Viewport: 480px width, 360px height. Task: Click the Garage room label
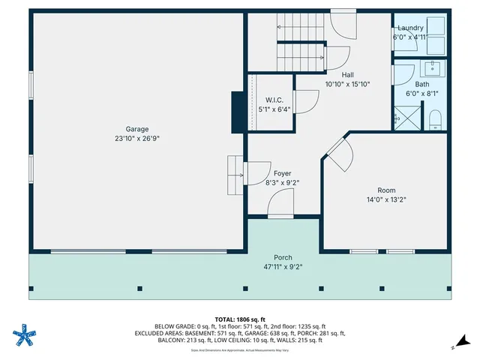[x=136, y=128]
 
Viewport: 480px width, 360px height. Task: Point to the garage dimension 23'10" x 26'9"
[x=136, y=138]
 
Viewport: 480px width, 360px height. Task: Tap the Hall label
[x=347, y=75]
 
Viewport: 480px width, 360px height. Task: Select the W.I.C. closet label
[x=274, y=100]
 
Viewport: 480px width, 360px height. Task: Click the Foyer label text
[x=282, y=173]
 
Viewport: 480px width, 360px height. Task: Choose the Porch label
[x=282, y=256]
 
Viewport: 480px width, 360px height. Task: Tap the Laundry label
[x=409, y=28]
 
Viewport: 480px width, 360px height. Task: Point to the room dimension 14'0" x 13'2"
[x=386, y=199]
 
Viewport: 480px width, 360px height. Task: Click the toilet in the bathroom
[x=435, y=119]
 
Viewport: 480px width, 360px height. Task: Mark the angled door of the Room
[x=337, y=154]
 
